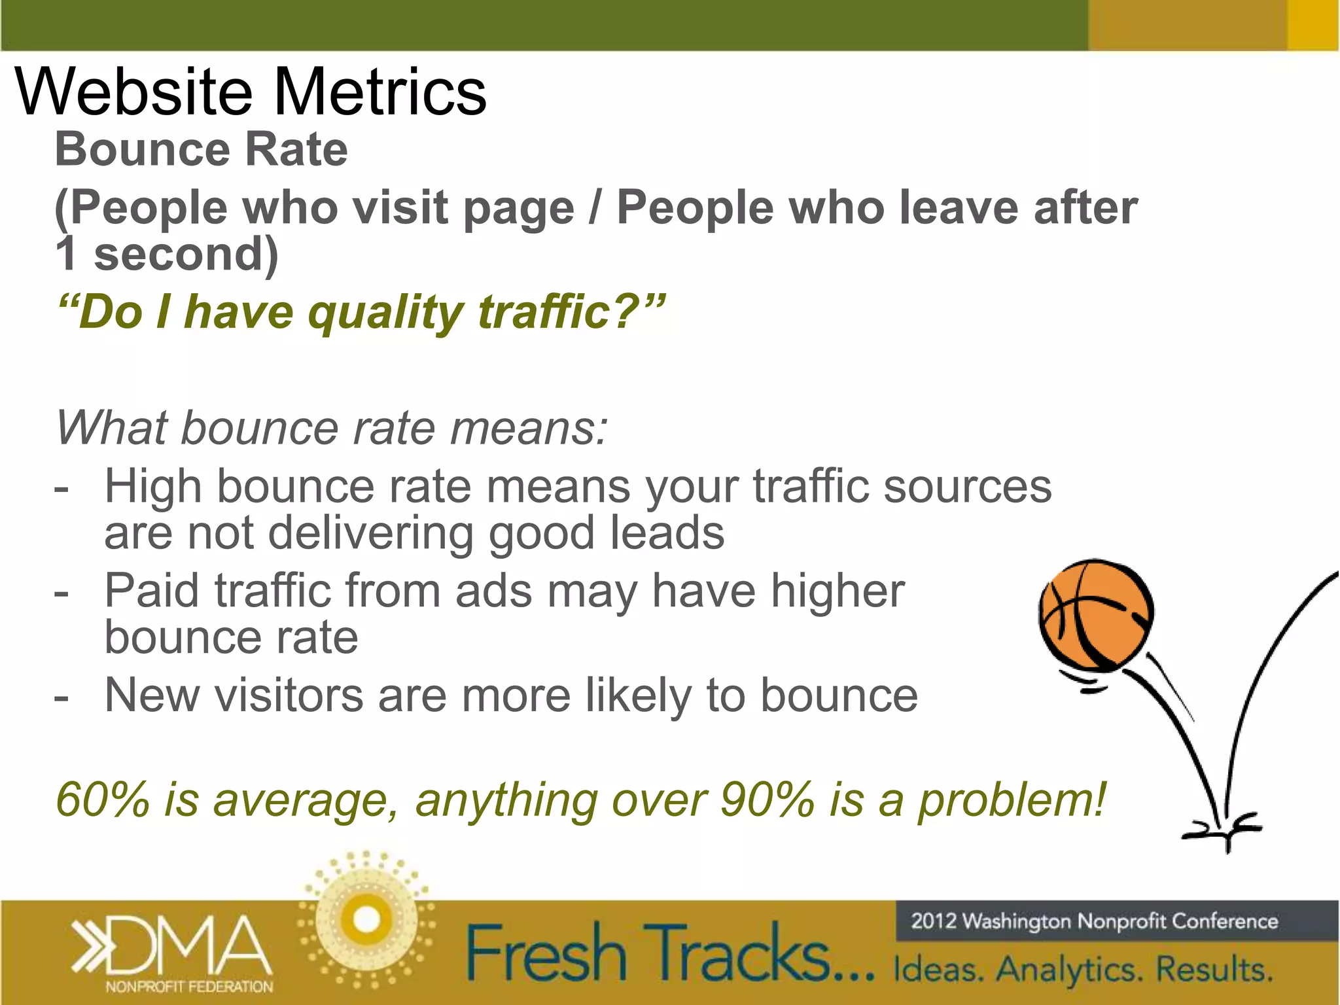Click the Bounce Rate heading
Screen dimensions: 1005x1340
click(x=201, y=150)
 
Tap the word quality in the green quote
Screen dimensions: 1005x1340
click(x=386, y=312)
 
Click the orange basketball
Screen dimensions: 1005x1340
click(x=1097, y=615)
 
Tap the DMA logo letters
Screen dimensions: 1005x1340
click(x=190, y=945)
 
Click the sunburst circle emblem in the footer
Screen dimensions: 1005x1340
click(x=366, y=920)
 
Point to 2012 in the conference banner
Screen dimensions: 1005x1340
click(x=934, y=921)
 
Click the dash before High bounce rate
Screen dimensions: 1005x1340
click(x=62, y=488)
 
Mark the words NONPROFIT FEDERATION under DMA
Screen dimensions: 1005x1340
click(x=189, y=987)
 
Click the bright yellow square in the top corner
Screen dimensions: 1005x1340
click(x=1313, y=25)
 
